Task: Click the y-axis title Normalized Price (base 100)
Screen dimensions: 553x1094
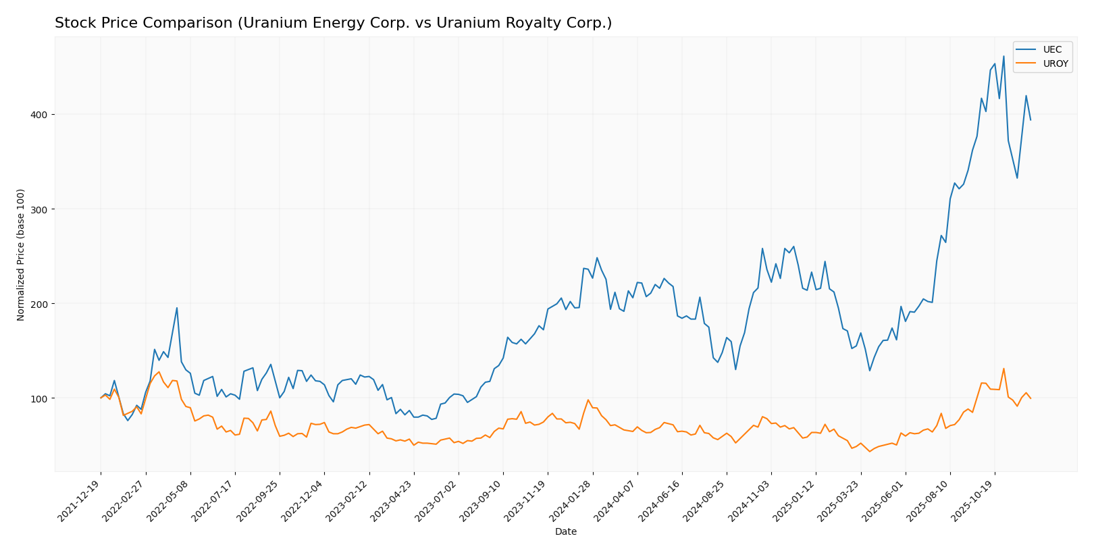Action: point(21,255)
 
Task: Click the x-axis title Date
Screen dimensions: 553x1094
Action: point(566,532)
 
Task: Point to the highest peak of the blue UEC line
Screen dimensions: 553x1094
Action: point(1004,56)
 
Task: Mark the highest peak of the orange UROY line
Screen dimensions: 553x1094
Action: point(1004,369)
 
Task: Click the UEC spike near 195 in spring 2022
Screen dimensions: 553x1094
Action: point(177,308)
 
